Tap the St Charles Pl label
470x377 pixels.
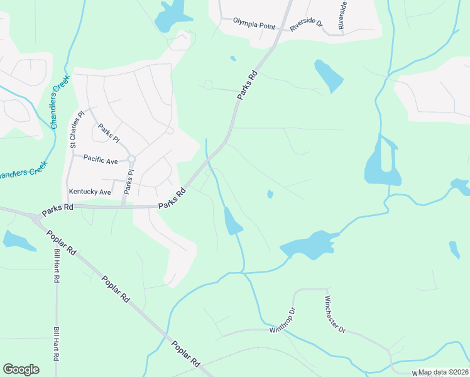click(74, 129)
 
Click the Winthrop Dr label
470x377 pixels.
click(282, 321)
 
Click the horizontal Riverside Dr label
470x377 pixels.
click(306, 25)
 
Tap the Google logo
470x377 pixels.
click(21, 369)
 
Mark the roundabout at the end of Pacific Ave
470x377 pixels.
click(131, 159)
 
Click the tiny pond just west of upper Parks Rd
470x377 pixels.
click(233, 59)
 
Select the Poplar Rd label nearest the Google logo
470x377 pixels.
click(185, 354)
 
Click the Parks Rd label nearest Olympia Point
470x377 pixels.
click(248, 85)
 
